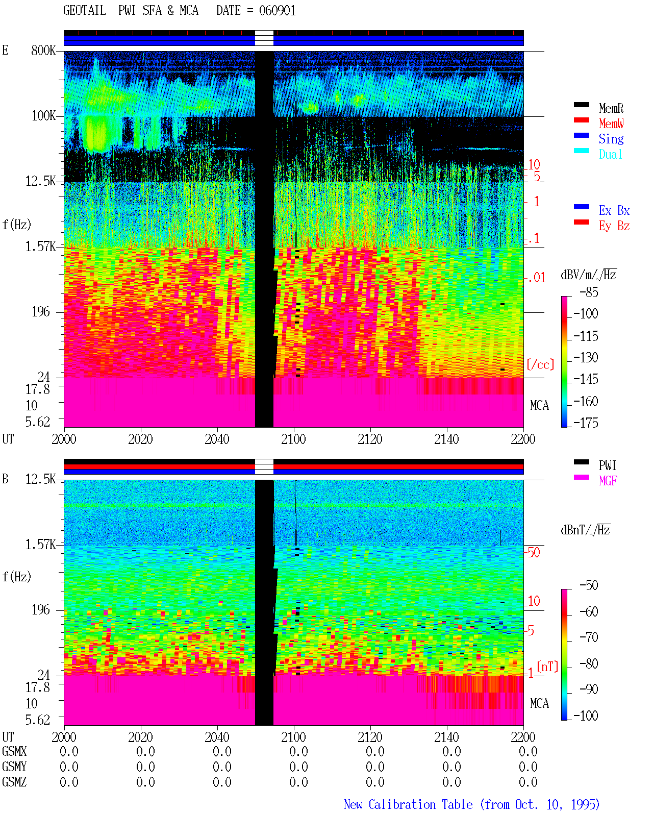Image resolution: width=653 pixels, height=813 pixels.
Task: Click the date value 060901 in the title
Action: (x=277, y=11)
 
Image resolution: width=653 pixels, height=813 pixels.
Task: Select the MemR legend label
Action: (x=611, y=108)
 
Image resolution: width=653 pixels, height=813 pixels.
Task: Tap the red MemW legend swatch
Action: (x=581, y=120)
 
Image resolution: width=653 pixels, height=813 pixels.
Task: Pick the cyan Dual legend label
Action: (x=610, y=154)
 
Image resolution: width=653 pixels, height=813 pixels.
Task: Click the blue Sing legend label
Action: (x=611, y=139)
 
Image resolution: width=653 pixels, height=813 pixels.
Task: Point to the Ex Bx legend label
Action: (x=614, y=210)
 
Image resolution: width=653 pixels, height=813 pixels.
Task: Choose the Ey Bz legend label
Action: (x=614, y=226)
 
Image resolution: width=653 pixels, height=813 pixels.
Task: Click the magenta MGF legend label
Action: (x=608, y=481)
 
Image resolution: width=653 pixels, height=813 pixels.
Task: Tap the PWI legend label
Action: (x=607, y=465)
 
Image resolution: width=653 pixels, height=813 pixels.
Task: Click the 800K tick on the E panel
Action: (x=43, y=50)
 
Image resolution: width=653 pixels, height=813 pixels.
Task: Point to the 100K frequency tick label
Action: (x=43, y=116)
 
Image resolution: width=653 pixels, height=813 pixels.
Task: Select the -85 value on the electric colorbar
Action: (x=589, y=292)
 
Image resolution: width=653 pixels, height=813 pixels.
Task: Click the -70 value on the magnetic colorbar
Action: (x=589, y=637)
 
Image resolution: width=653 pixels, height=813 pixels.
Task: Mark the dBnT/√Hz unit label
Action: (x=585, y=530)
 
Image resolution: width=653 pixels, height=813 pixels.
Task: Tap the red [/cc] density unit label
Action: (x=540, y=364)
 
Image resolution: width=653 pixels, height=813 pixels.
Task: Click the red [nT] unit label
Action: (x=547, y=667)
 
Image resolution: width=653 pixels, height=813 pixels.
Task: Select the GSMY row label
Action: (x=14, y=767)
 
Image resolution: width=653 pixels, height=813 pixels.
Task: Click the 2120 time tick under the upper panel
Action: (x=370, y=439)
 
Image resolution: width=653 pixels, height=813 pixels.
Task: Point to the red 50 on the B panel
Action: (x=534, y=552)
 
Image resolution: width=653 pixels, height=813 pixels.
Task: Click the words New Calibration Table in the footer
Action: (x=408, y=804)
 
